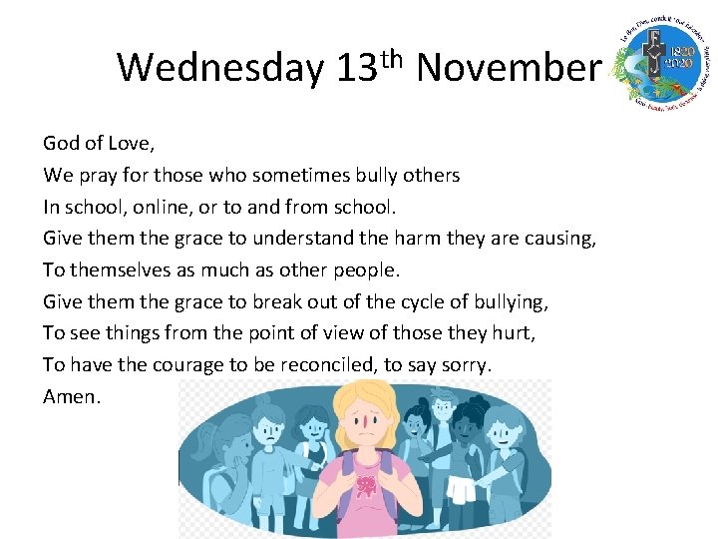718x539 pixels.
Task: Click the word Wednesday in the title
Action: [219, 68]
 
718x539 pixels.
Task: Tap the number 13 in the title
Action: [355, 68]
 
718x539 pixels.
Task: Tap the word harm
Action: [443, 239]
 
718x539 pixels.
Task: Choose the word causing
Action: [561, 240]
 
